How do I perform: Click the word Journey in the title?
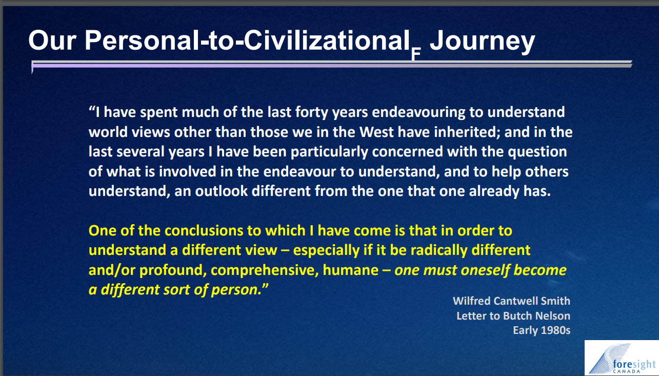tap(482, 41)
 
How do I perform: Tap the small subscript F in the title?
tap(416, 54)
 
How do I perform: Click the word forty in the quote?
tap(312, 113)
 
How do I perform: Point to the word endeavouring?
tap(418, 113)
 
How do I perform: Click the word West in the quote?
tap(376, 132)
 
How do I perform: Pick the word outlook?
tap(221, 191)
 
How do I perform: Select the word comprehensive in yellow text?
tap(265, 270)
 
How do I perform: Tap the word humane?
tap(351, 270)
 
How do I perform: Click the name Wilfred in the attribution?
tap(471, 301)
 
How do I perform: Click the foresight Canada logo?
tap(622, 358)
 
